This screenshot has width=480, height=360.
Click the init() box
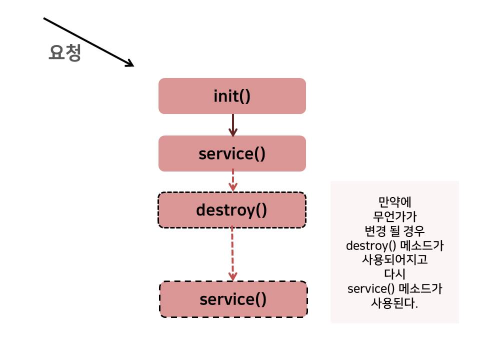click(x=232, y=96)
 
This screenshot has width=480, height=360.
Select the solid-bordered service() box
click(x=232, y=153)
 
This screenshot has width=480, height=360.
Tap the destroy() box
click(x=232, y=210)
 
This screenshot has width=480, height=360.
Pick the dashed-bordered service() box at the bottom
click(x=233, y=299)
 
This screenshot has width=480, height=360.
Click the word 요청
click(x=64, y=53)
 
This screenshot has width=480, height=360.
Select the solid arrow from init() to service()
click(x=232, y=125)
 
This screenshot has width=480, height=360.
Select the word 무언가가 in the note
click(x=394, y=216)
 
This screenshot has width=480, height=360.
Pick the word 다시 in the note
click(x=394, y=274)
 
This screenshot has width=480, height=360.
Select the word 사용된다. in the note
click(x=394, y=303)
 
